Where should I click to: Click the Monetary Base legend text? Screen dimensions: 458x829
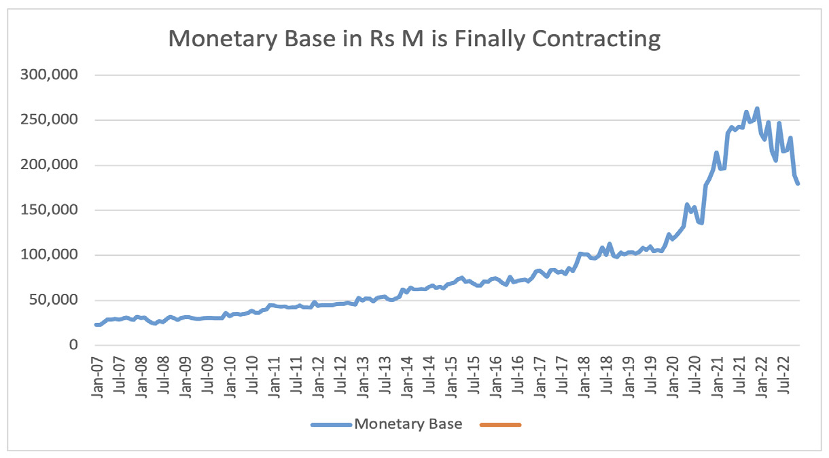[408, 425]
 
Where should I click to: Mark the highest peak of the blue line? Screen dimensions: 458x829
[757, 108]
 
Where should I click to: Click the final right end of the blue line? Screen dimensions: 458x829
[798, 184]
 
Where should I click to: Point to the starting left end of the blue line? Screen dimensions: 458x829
[96, 325]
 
